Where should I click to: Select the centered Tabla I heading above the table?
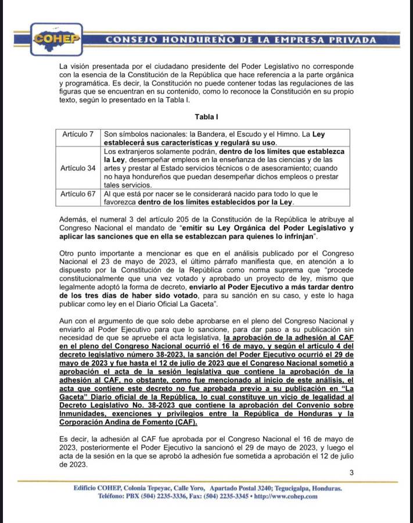pos(206,117)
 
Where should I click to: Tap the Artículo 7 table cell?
pos(78,134)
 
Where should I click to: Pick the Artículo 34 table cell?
pos(78,168)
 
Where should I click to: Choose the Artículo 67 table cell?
pos(78,194)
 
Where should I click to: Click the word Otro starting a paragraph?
pos(69,253)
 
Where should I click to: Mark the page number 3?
pos(351,472)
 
